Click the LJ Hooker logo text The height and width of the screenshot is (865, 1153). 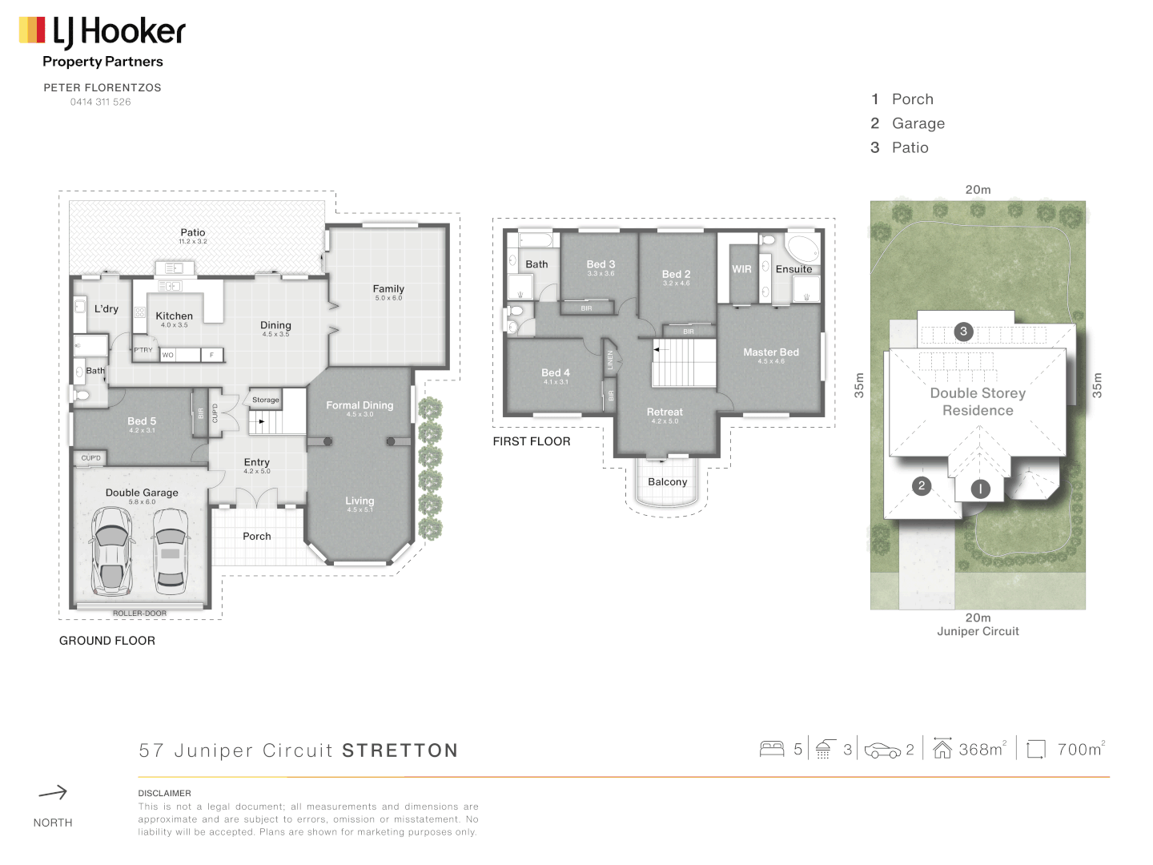pyautogui.click(x=119, y=32)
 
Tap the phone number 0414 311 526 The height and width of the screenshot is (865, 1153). pyautogui.click(x=100, y=102)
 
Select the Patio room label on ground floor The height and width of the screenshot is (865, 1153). pyautogui.click(x=192, y=232)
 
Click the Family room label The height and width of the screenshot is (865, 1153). pyautogui.click(x=388, y=288)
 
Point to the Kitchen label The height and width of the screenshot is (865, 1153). pyautogui.click(x=174, y=316)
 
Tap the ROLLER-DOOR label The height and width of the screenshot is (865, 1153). pyautogui.click(x=139, y=614)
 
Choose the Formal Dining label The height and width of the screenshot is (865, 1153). pyautogui.click(x=360, y=405)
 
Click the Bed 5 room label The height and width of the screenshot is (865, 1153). pyautogui.click(x=142, y=420)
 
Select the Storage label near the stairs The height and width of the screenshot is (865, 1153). pyautogui.click(x=266, y=400)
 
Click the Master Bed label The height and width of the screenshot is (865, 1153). pyautogui.click(x=770, y=352)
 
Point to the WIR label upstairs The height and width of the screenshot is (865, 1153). pyautogui.click(x=741, y=269)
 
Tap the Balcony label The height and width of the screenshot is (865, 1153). pyautogui.click(x=667, y=482)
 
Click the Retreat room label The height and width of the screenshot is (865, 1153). pyautogui.click(x=665, y=412)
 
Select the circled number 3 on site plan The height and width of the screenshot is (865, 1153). pyautogui.click(x=963, y=331)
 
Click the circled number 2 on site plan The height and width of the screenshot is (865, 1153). pyautogui.click(x=922, y=485)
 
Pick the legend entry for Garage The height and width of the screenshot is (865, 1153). pyautogui.click(x=918, y=123)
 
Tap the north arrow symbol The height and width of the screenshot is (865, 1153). pyautogui.click(x=53, y=793)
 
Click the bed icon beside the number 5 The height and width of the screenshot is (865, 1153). pyautogui.click(x=772, y=749)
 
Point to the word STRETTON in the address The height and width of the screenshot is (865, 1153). pyautogui.click(x=400, y=750)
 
